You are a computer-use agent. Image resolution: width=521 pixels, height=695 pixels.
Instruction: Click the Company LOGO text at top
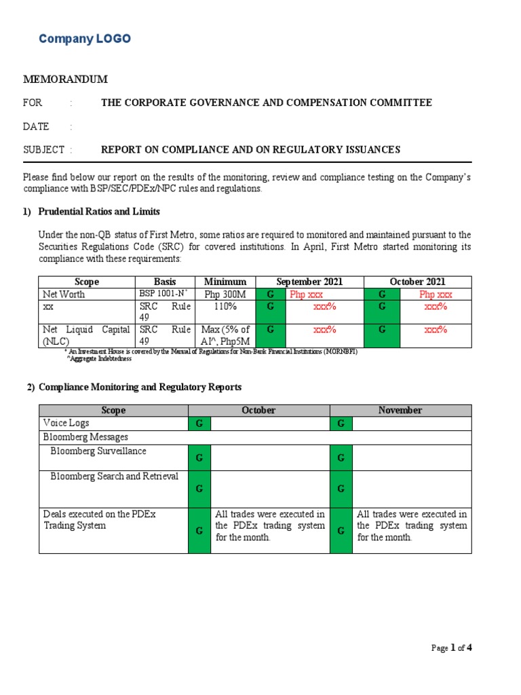85,39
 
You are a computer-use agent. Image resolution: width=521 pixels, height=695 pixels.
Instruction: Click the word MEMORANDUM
66,79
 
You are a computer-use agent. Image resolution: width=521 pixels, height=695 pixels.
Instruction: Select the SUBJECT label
44,150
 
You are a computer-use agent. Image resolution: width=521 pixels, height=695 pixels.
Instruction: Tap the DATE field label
37,126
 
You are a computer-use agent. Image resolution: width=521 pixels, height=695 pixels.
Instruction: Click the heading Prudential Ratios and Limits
99,212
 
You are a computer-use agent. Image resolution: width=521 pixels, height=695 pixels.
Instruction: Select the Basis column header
165,282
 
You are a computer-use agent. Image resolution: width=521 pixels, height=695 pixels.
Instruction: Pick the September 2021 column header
309,282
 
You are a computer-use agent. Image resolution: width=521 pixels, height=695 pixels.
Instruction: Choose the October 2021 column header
417,282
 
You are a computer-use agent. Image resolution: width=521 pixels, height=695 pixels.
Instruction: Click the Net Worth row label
62,295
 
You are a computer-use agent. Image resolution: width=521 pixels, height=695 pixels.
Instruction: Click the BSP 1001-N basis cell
163,295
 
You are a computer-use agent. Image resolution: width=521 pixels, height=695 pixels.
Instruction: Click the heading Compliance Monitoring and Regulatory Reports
140,387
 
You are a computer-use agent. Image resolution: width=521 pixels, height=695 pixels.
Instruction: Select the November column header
400,410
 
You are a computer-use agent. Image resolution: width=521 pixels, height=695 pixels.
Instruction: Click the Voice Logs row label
66,423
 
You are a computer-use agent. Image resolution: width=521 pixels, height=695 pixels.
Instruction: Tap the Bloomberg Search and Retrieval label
114,476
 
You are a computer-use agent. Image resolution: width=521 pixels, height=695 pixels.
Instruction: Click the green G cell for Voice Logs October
199,424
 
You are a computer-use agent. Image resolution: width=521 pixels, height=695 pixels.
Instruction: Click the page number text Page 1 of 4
451,647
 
